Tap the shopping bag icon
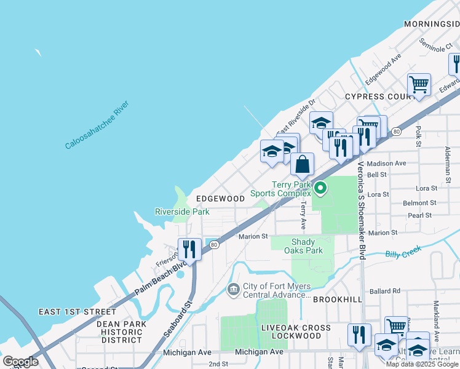coord(302,165)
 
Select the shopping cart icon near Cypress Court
coord(419,85)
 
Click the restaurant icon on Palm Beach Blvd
coord(189,250)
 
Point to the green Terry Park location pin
coord(320,188)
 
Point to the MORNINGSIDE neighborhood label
coord(431,23)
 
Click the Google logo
coord(20,362)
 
